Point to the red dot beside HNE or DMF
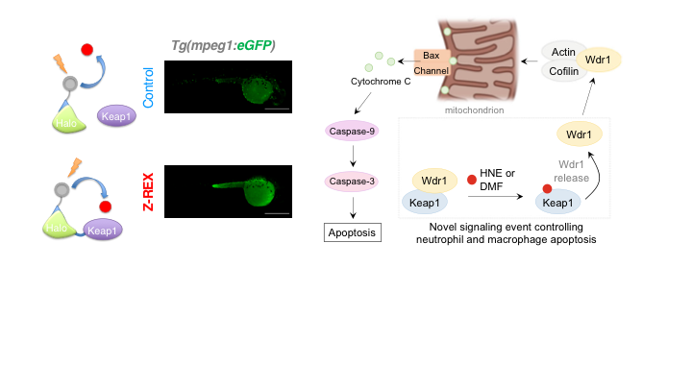(472, 179)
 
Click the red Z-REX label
(148, 191)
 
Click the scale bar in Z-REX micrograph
(277, 213)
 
